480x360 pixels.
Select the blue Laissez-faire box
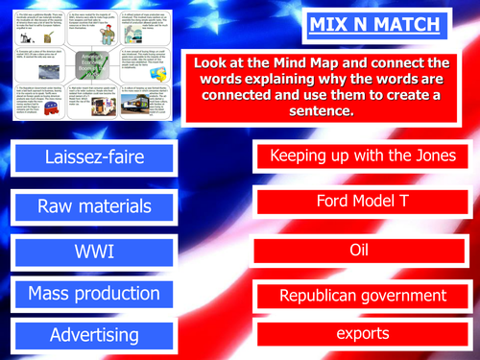(x=94, y=156)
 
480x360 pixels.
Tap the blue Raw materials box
(x=94, y=205)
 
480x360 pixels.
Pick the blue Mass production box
(x=94, y=294)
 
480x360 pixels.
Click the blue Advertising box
(x=94, y=336)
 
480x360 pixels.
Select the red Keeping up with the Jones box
(x=361, y=156)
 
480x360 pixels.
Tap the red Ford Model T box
(x=361, y=202)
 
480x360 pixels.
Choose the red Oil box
(x=361, y=250)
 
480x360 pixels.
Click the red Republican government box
(x=361, y=295)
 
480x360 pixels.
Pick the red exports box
(x=361, y=334)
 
